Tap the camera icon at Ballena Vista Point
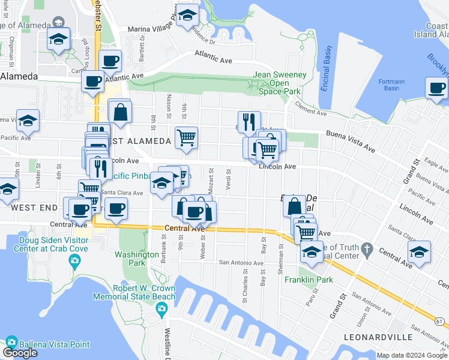11,343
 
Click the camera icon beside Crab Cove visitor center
74,260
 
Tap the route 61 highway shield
439,322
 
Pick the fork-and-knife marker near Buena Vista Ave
249,122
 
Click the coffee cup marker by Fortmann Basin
436,88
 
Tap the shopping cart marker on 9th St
186,137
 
